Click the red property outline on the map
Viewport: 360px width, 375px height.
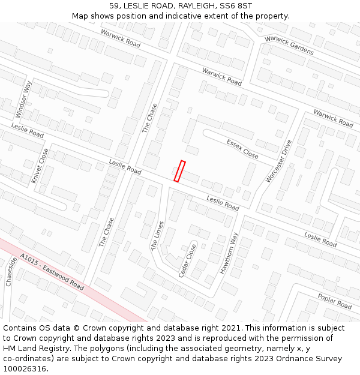[x=179, y=171]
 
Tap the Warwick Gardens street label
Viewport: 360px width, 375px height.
[x=289, y=45]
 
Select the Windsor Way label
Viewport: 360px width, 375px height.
[x=23, y=99]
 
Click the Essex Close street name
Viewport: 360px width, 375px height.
[x=242, y=149]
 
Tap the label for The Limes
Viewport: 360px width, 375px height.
[x=157, y=236]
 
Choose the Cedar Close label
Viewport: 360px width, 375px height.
[x=187, y=260]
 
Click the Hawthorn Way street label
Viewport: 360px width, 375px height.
[x=229, y=253]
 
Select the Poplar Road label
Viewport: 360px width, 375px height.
[x=335, y=301]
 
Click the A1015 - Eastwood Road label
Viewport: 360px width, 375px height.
[x=52, y=271]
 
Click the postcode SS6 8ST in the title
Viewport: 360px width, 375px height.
[x=236, y=5]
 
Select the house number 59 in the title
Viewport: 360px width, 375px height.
[x=115, y=5]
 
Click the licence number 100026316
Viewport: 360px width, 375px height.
[x=26, y=369]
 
